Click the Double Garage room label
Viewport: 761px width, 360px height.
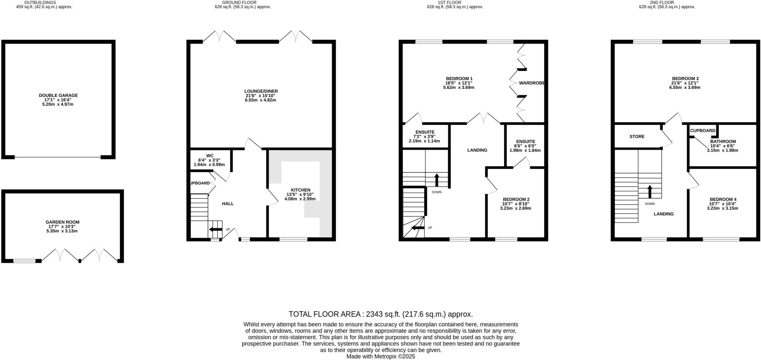(58, 95)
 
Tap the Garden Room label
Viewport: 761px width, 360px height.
(62, 222)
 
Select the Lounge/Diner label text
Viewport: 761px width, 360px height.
(261, 91)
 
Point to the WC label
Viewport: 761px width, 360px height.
(210, 156)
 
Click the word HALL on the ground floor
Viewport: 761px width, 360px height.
(228, 204)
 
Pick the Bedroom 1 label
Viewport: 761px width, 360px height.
(459, 78)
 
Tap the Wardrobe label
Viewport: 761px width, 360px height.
(531, 83)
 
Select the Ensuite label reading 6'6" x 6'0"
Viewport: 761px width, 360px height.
(525, 142)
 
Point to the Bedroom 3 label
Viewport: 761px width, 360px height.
(685, 79)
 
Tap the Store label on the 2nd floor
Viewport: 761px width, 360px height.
(637, 137)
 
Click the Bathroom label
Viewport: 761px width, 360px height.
(723, 142)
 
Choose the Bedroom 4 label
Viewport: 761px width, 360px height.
(722, 200)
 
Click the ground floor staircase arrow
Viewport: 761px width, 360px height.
(216, 230)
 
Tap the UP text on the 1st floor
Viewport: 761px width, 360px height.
(430, 228)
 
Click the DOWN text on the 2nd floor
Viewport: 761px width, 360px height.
(650, 204)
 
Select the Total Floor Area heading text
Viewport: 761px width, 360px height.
(380, 314)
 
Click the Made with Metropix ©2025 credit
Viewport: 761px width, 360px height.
(380, 356)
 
